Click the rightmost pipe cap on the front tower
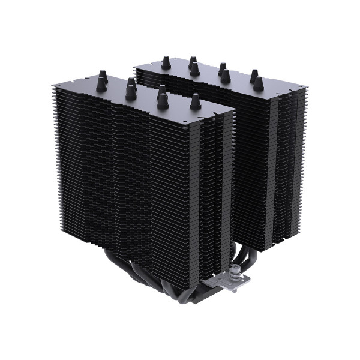[x=195, y=102]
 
